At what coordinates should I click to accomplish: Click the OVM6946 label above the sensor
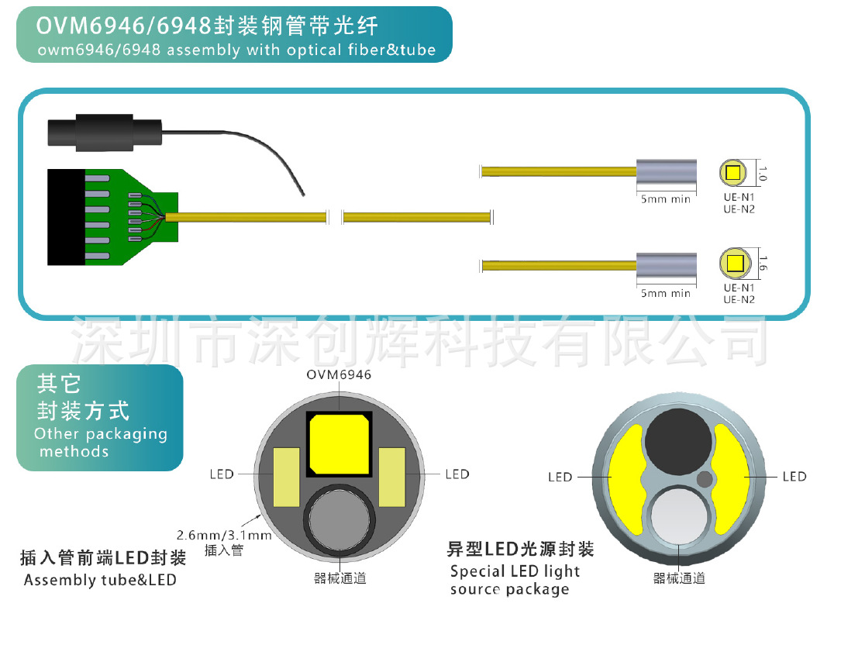[x=339, y=374]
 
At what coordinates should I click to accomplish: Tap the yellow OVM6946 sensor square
[x=340, y=444]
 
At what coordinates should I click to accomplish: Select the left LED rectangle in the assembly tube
[x=287, y=475]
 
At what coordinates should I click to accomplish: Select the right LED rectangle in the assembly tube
[x=391, y=475]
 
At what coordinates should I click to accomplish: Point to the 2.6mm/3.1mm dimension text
[x=224, y=536]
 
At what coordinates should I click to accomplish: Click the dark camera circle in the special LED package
[x=679, y=443]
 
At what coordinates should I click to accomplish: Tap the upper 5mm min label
[x=665, y=199]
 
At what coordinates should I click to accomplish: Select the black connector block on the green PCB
[x=65, y=215]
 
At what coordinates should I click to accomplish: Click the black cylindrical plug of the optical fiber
[x=104, y=132]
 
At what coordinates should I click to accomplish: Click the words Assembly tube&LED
[x=100, y=580]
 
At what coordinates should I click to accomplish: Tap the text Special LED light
[x=515, y=572]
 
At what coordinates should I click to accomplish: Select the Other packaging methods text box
[x=100, y=418]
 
